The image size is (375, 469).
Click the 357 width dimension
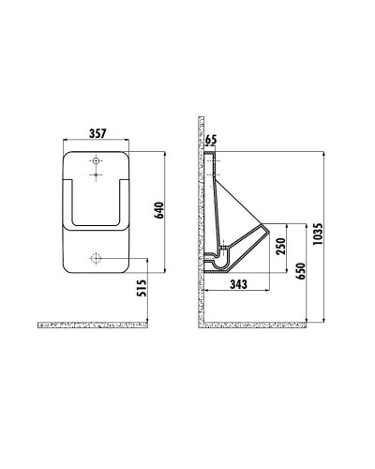coord(96,134)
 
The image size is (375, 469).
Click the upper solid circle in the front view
coord(96,160)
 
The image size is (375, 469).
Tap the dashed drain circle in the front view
coord(96,257)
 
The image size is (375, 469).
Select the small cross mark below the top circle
coord(96,174)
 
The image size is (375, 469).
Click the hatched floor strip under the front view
coord(94,324)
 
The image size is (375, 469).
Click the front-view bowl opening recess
coord(96,202)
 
